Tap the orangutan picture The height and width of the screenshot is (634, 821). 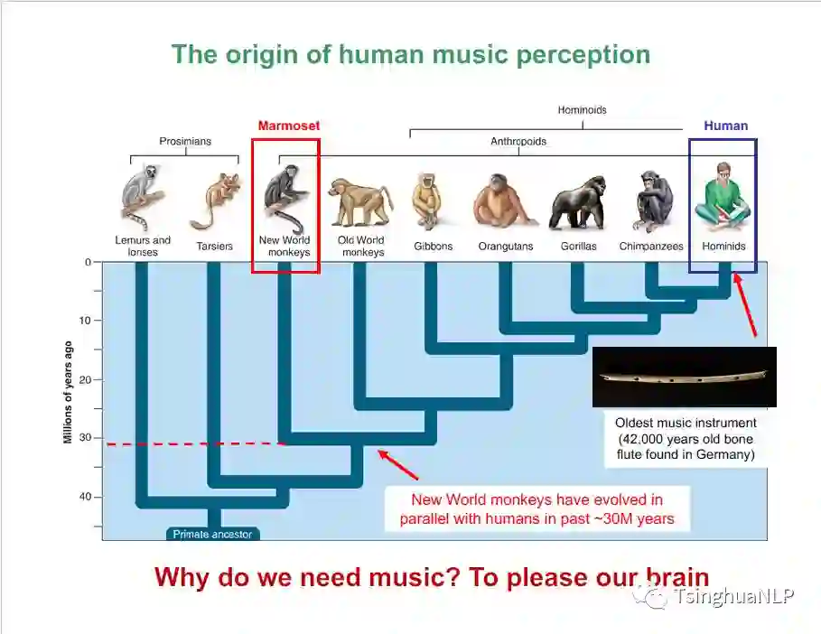pos(504,201)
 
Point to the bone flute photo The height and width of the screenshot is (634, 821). pos(684,377)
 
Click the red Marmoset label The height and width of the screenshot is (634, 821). pos(289,126)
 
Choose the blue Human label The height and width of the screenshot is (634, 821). pos(725,126)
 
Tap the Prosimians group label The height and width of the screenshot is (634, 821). pos(185,142)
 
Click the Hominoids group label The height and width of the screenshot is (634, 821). pos(582,110)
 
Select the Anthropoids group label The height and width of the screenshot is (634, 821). pos(518,142)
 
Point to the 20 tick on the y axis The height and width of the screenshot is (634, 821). pos(87,379)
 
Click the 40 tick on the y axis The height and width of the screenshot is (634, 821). pos(87,497)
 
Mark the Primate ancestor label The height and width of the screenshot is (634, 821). pos(214,534)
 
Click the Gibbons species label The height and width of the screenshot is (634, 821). pos(434,246)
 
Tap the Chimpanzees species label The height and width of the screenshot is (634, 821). pos(651,246)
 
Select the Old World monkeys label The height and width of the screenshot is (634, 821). pos(360,247)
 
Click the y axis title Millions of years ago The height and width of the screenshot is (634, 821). pos(68,393)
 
